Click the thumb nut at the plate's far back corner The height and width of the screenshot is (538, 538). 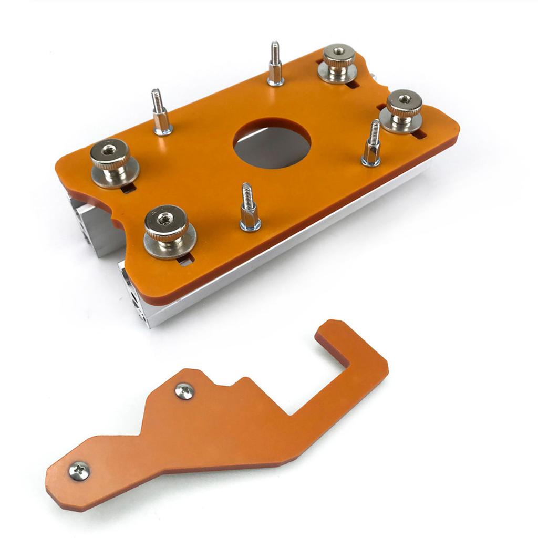coord(338,63)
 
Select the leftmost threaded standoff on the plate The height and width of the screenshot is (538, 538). coord(161,113)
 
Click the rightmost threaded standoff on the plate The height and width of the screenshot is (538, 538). coord(372,144)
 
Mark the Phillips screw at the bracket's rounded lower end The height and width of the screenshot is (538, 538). coord(79,471)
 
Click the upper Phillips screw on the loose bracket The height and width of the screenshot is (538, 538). coord(184,391)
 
